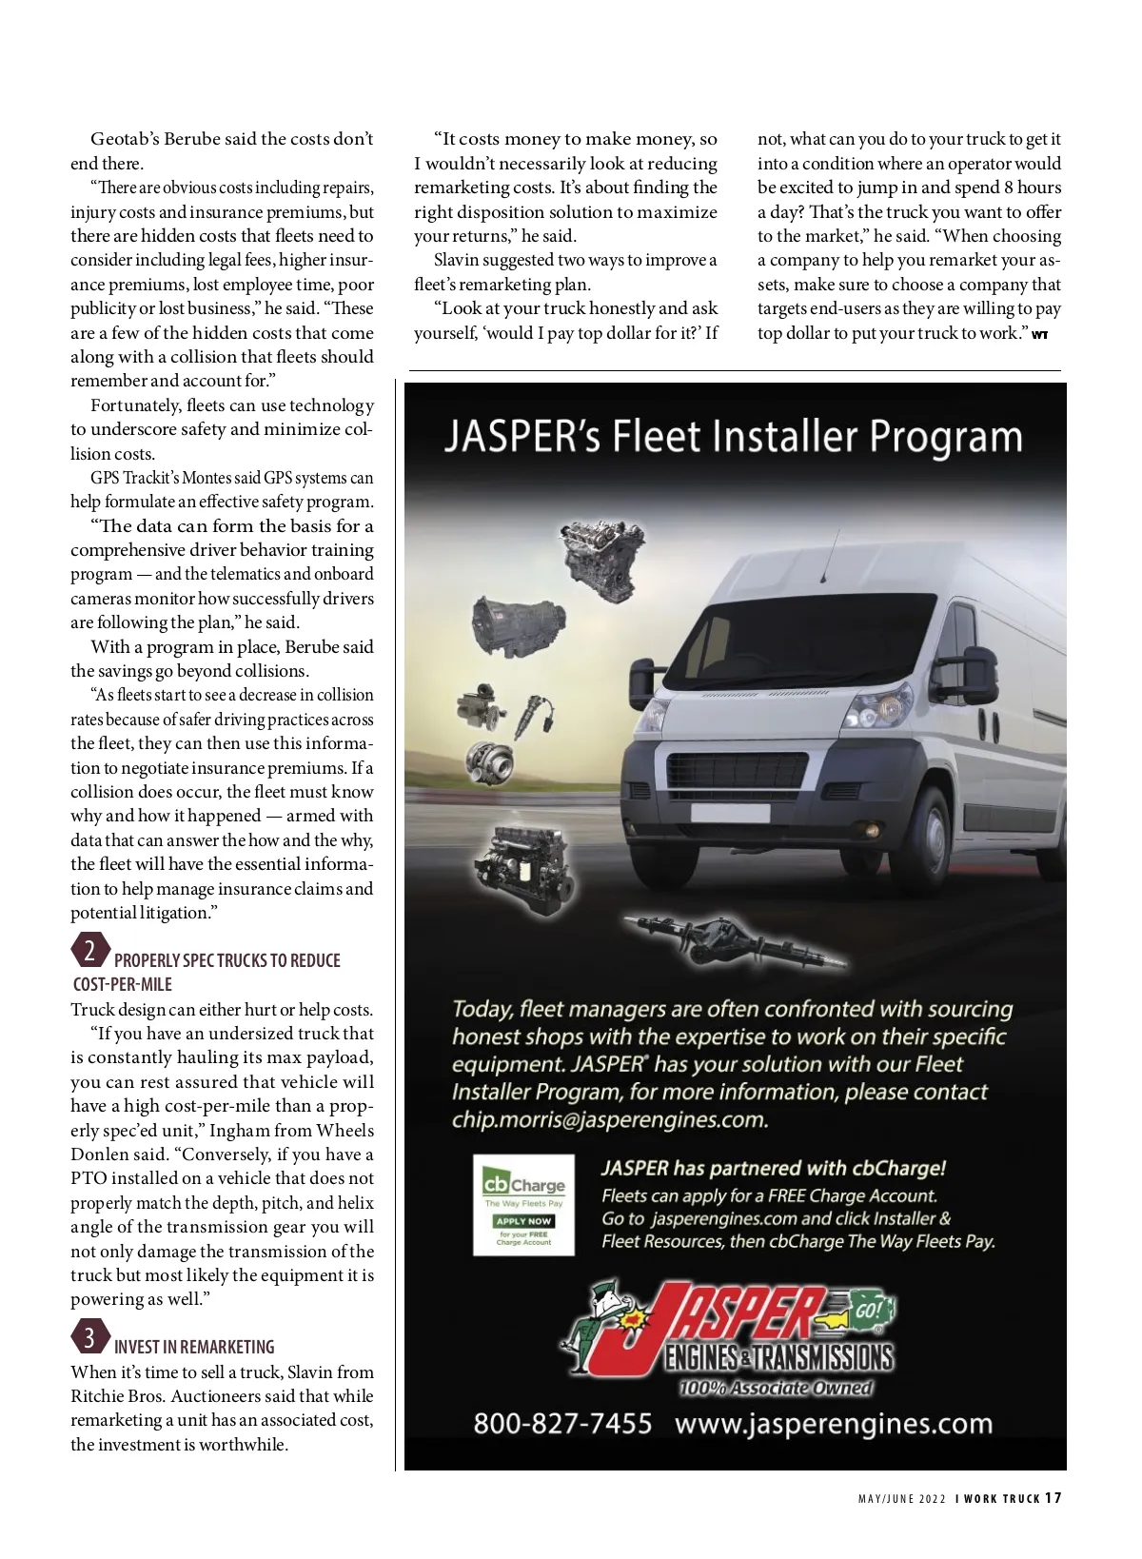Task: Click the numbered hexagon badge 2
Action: tap(89, 952)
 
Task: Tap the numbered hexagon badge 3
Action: tap(89, 1338)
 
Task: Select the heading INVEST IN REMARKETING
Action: tap(194, 1347)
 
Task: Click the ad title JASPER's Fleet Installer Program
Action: tap(733, 437)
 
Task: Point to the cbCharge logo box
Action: tap(523, 1204)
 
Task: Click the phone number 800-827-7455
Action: tap(562, 1424)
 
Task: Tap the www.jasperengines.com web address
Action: tap(833, 1424)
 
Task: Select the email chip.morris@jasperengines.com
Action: tap(609, 1119)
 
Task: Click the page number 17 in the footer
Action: tap(1053, 1498)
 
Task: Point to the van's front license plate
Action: tap(730, 813)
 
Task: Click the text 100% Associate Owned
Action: tap(775, 1388)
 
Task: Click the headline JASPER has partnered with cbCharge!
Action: tap(774, 1168)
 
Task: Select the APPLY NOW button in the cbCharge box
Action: tap(523, 1220)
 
